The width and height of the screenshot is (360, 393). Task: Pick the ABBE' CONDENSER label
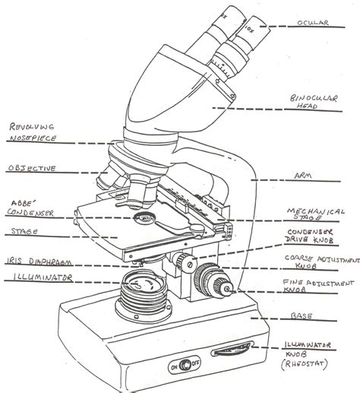(x=31, y=208)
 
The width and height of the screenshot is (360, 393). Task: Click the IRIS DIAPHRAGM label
(x=35, y=261)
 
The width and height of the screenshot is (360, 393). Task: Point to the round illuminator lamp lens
(x=141, y=287)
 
